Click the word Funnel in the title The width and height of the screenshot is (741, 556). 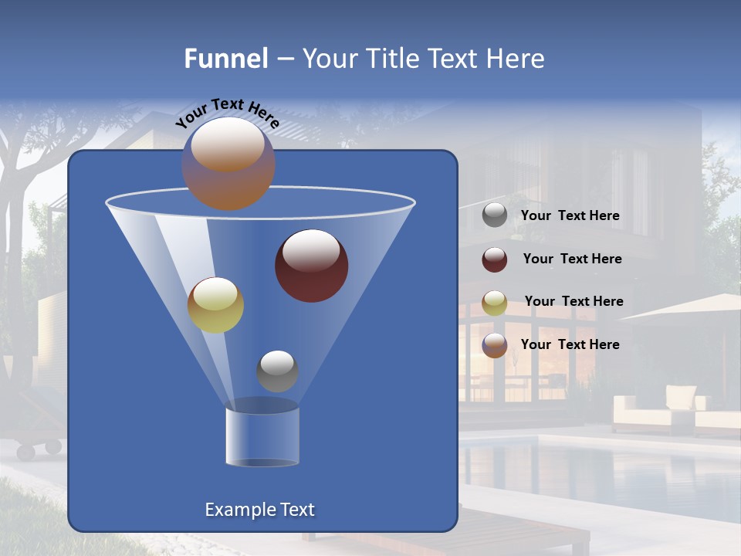225,59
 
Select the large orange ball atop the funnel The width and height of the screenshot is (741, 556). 228,164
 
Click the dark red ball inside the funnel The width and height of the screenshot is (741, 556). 311,266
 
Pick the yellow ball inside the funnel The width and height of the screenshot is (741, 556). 215,305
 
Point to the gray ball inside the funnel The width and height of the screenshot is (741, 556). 277,371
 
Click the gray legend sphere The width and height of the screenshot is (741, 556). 495,215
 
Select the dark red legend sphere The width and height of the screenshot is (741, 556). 495,259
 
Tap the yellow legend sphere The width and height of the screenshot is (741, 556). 495,303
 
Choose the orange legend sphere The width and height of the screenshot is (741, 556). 495,345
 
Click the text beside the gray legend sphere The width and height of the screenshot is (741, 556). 570,216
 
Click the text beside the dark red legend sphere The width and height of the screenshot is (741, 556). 572,259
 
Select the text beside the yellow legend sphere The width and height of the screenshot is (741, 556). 574,302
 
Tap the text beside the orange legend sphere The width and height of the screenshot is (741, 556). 570,344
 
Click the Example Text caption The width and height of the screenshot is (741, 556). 259,510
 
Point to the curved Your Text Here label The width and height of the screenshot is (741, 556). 227,113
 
